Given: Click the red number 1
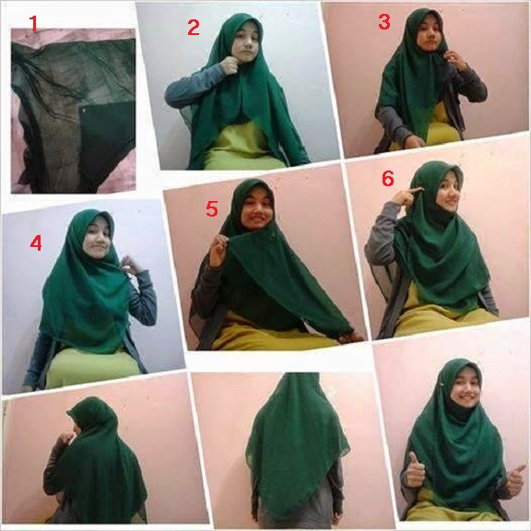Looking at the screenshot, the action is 33,23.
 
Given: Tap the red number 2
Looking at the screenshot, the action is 194,27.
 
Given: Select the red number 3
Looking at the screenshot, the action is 384,21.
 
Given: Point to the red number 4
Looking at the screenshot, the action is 36,242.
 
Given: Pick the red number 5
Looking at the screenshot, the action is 212,208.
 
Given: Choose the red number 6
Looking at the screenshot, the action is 388,178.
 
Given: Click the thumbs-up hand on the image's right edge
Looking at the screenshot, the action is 515,479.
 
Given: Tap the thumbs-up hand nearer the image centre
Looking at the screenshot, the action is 415,469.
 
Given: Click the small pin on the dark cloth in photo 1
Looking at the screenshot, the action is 83,110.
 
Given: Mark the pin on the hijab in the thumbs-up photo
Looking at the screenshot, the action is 442,383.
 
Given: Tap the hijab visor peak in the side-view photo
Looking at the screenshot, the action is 70,413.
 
